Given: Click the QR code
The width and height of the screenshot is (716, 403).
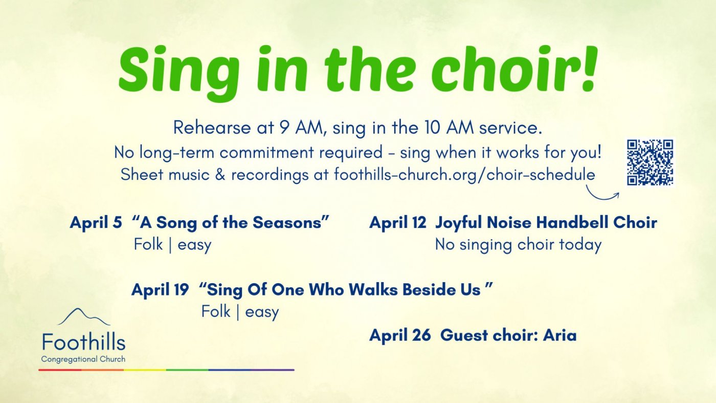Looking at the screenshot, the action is [x=650, y=162].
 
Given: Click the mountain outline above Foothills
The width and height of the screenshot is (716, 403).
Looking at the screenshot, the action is [x=84, y=317].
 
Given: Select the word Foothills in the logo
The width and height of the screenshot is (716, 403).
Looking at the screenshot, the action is [x=84, y=342].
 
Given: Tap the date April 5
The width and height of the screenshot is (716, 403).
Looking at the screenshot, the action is [x=96, y=222].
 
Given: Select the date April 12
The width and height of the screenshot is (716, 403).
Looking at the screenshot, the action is [x=398, y=222].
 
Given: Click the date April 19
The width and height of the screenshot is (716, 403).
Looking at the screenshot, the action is [x=160, y=290].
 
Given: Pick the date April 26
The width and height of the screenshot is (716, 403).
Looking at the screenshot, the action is [x=400, y=335].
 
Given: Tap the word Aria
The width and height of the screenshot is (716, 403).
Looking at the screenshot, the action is [x=560, y=335].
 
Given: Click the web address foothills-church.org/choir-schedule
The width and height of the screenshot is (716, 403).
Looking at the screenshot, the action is [x=464, y=175].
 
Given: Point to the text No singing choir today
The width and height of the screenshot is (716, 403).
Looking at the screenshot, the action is [x=518, y=245].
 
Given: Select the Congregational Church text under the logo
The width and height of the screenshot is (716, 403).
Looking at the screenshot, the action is [x=83, y=359].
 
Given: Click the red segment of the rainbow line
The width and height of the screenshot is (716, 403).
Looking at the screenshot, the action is [x=60, y=370].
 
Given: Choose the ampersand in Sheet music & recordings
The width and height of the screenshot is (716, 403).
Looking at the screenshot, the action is [x=220, y=175].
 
